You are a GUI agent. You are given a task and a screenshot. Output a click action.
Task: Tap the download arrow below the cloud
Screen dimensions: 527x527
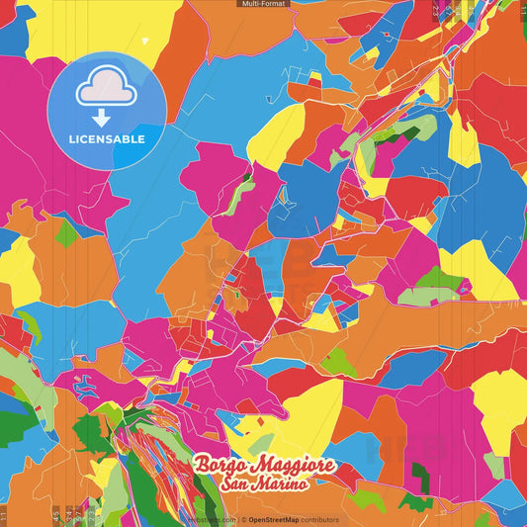tap(105, 98)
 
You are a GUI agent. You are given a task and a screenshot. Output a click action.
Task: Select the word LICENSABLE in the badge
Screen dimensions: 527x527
tap(106, 138)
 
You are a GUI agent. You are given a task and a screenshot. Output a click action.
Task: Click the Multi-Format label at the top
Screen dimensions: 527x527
tap(263, 4)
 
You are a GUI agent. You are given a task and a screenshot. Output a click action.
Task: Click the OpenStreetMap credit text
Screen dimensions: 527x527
tap(273, 519)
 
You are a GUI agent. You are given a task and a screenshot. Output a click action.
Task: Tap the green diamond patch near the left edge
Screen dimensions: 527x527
tap(66, 233)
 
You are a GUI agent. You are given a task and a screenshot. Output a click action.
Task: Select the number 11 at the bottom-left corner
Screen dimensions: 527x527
tap(4, 514)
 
